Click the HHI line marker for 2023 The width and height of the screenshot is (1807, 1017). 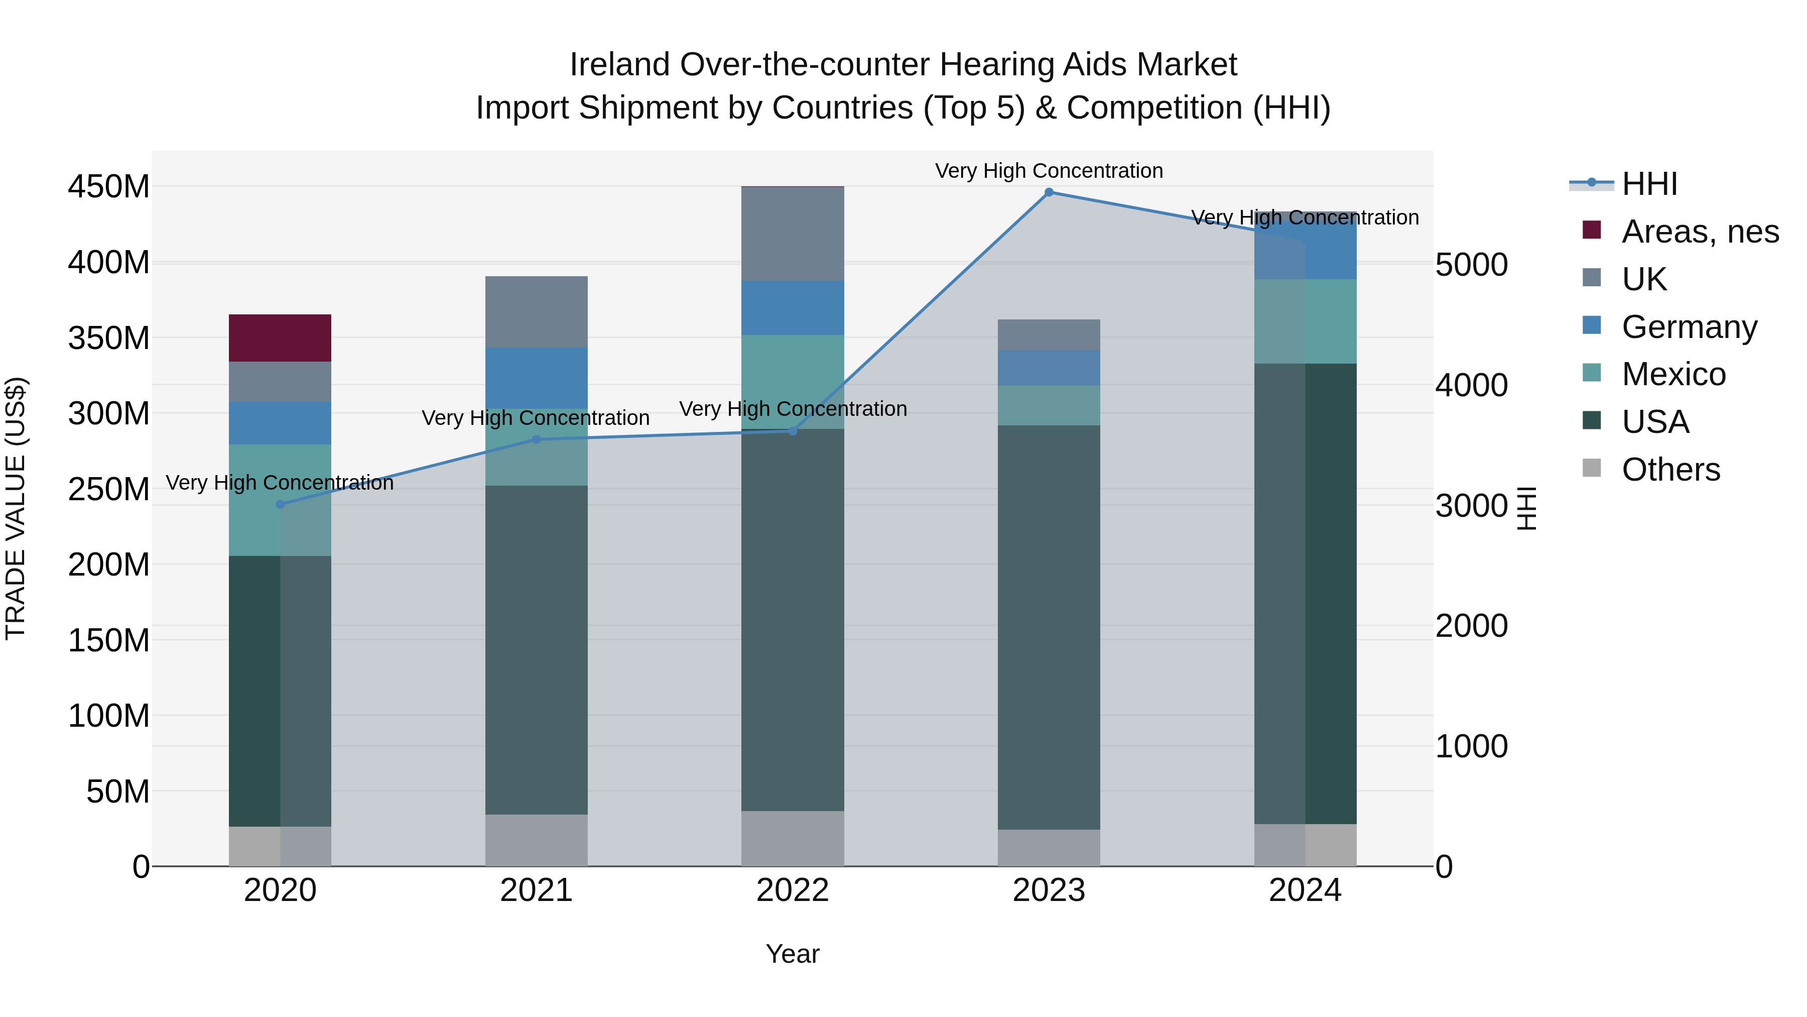[1049, 192]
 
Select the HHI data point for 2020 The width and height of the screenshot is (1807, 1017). [280, 504]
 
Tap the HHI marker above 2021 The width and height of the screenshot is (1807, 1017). [537, 439]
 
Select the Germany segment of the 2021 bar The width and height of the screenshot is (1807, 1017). [537, 378]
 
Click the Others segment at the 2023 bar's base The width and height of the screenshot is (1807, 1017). [1049, 847]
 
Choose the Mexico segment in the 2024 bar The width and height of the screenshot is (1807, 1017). [1306, 321]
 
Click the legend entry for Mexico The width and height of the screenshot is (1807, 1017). [1673, 374]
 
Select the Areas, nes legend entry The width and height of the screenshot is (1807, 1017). [1699, 232]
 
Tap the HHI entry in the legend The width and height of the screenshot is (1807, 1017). [1648, 184]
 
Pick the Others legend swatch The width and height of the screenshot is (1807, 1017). [1592, 468]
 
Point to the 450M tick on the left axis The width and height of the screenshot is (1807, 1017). [109, 187]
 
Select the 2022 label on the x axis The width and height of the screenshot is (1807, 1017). [793, 890]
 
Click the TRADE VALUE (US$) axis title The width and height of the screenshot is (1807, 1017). [16, 508]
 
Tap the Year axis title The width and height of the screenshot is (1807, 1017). [793, 954]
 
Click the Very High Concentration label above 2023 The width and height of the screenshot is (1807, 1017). [1049, 171]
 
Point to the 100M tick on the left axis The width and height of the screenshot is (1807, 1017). [109, 716]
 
